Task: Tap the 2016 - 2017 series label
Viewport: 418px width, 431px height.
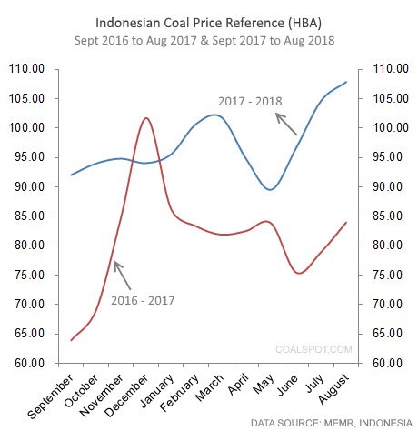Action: pos(144,299)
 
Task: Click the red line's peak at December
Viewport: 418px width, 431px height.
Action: pos(145,117)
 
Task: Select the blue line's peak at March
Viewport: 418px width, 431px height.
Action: pos(214,115)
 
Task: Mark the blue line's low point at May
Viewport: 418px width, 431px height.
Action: pos(269,189)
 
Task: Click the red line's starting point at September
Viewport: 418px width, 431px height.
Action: pos(71,339)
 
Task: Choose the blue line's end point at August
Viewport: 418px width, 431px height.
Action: pos(346,82)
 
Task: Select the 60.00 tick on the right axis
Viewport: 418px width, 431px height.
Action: pos(383,364)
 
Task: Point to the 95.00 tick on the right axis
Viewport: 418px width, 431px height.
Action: pos(383,157)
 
